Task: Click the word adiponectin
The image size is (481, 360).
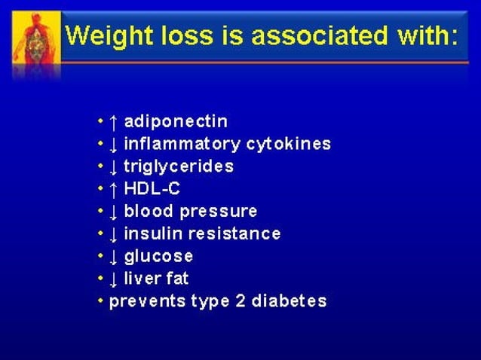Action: (176, 121)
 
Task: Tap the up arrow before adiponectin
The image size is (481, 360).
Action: (113, 121)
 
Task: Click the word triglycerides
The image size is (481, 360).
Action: (179, 166)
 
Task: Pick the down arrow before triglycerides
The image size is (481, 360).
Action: (113, 166)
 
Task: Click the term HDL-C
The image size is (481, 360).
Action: (152, 188)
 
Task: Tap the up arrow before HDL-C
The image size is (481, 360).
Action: (113, 188)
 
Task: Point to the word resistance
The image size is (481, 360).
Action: (240, 233)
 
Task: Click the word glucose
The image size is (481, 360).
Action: (158, 257)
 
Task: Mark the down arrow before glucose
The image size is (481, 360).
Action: (113, 257)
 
